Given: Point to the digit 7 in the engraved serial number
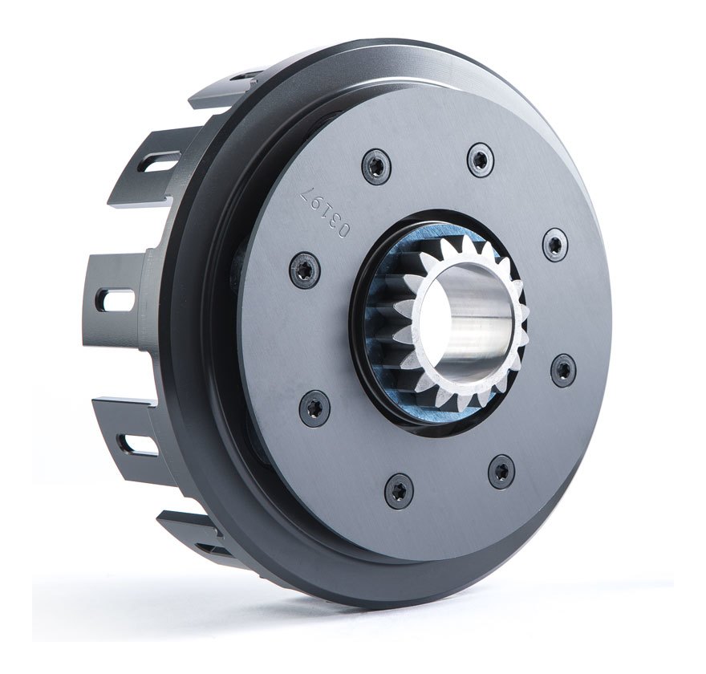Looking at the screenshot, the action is pyautogui.click(x=308, y=191).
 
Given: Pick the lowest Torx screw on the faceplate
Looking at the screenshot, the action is pyautogui.click(x=400, y=488).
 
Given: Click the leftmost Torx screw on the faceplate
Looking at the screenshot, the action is pyautogui.click(x=304, y=268).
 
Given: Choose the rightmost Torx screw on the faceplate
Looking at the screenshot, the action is pyautogui.click(x=563, y=370).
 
